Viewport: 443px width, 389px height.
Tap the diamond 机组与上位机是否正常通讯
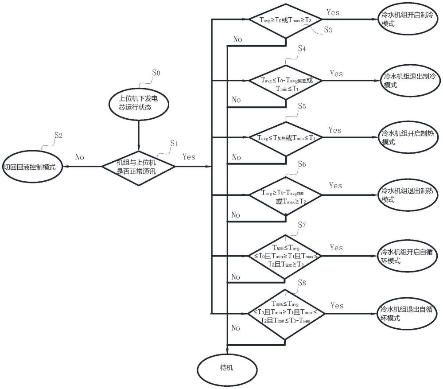click(139, 167)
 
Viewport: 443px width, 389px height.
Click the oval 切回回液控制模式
click(31, 167)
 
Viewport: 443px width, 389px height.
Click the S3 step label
click(328, 30)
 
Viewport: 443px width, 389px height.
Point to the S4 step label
click(302, 49)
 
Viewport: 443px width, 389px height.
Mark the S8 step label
click(302, 282)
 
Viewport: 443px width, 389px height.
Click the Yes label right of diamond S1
click(189, 157)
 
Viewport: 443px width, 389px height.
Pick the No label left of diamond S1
click(80, 157)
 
